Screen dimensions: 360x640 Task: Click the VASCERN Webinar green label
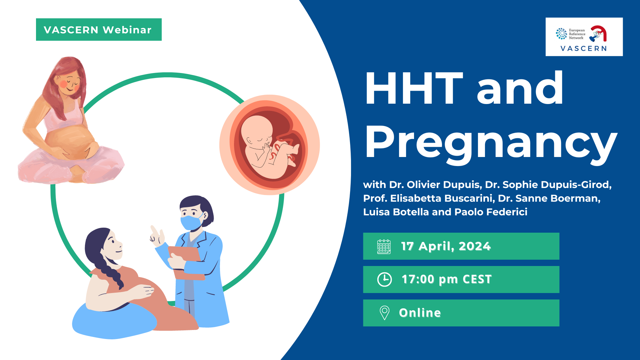click(x=99, y=30)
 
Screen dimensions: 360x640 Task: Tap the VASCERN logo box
click(x=584, y=37)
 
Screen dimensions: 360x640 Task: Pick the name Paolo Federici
click(x=491, y=212)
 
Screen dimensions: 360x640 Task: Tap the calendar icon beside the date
click(x=384, y=247)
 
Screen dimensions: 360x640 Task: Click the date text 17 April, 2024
click(x=446, y=246)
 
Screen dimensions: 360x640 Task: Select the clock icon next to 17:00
click(x=384, y=279)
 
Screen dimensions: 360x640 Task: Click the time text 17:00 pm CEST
click(x=446, y=279)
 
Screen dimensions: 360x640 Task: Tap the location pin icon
click(x=384, y=313)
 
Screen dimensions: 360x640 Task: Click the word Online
click(x=420, y=313)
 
